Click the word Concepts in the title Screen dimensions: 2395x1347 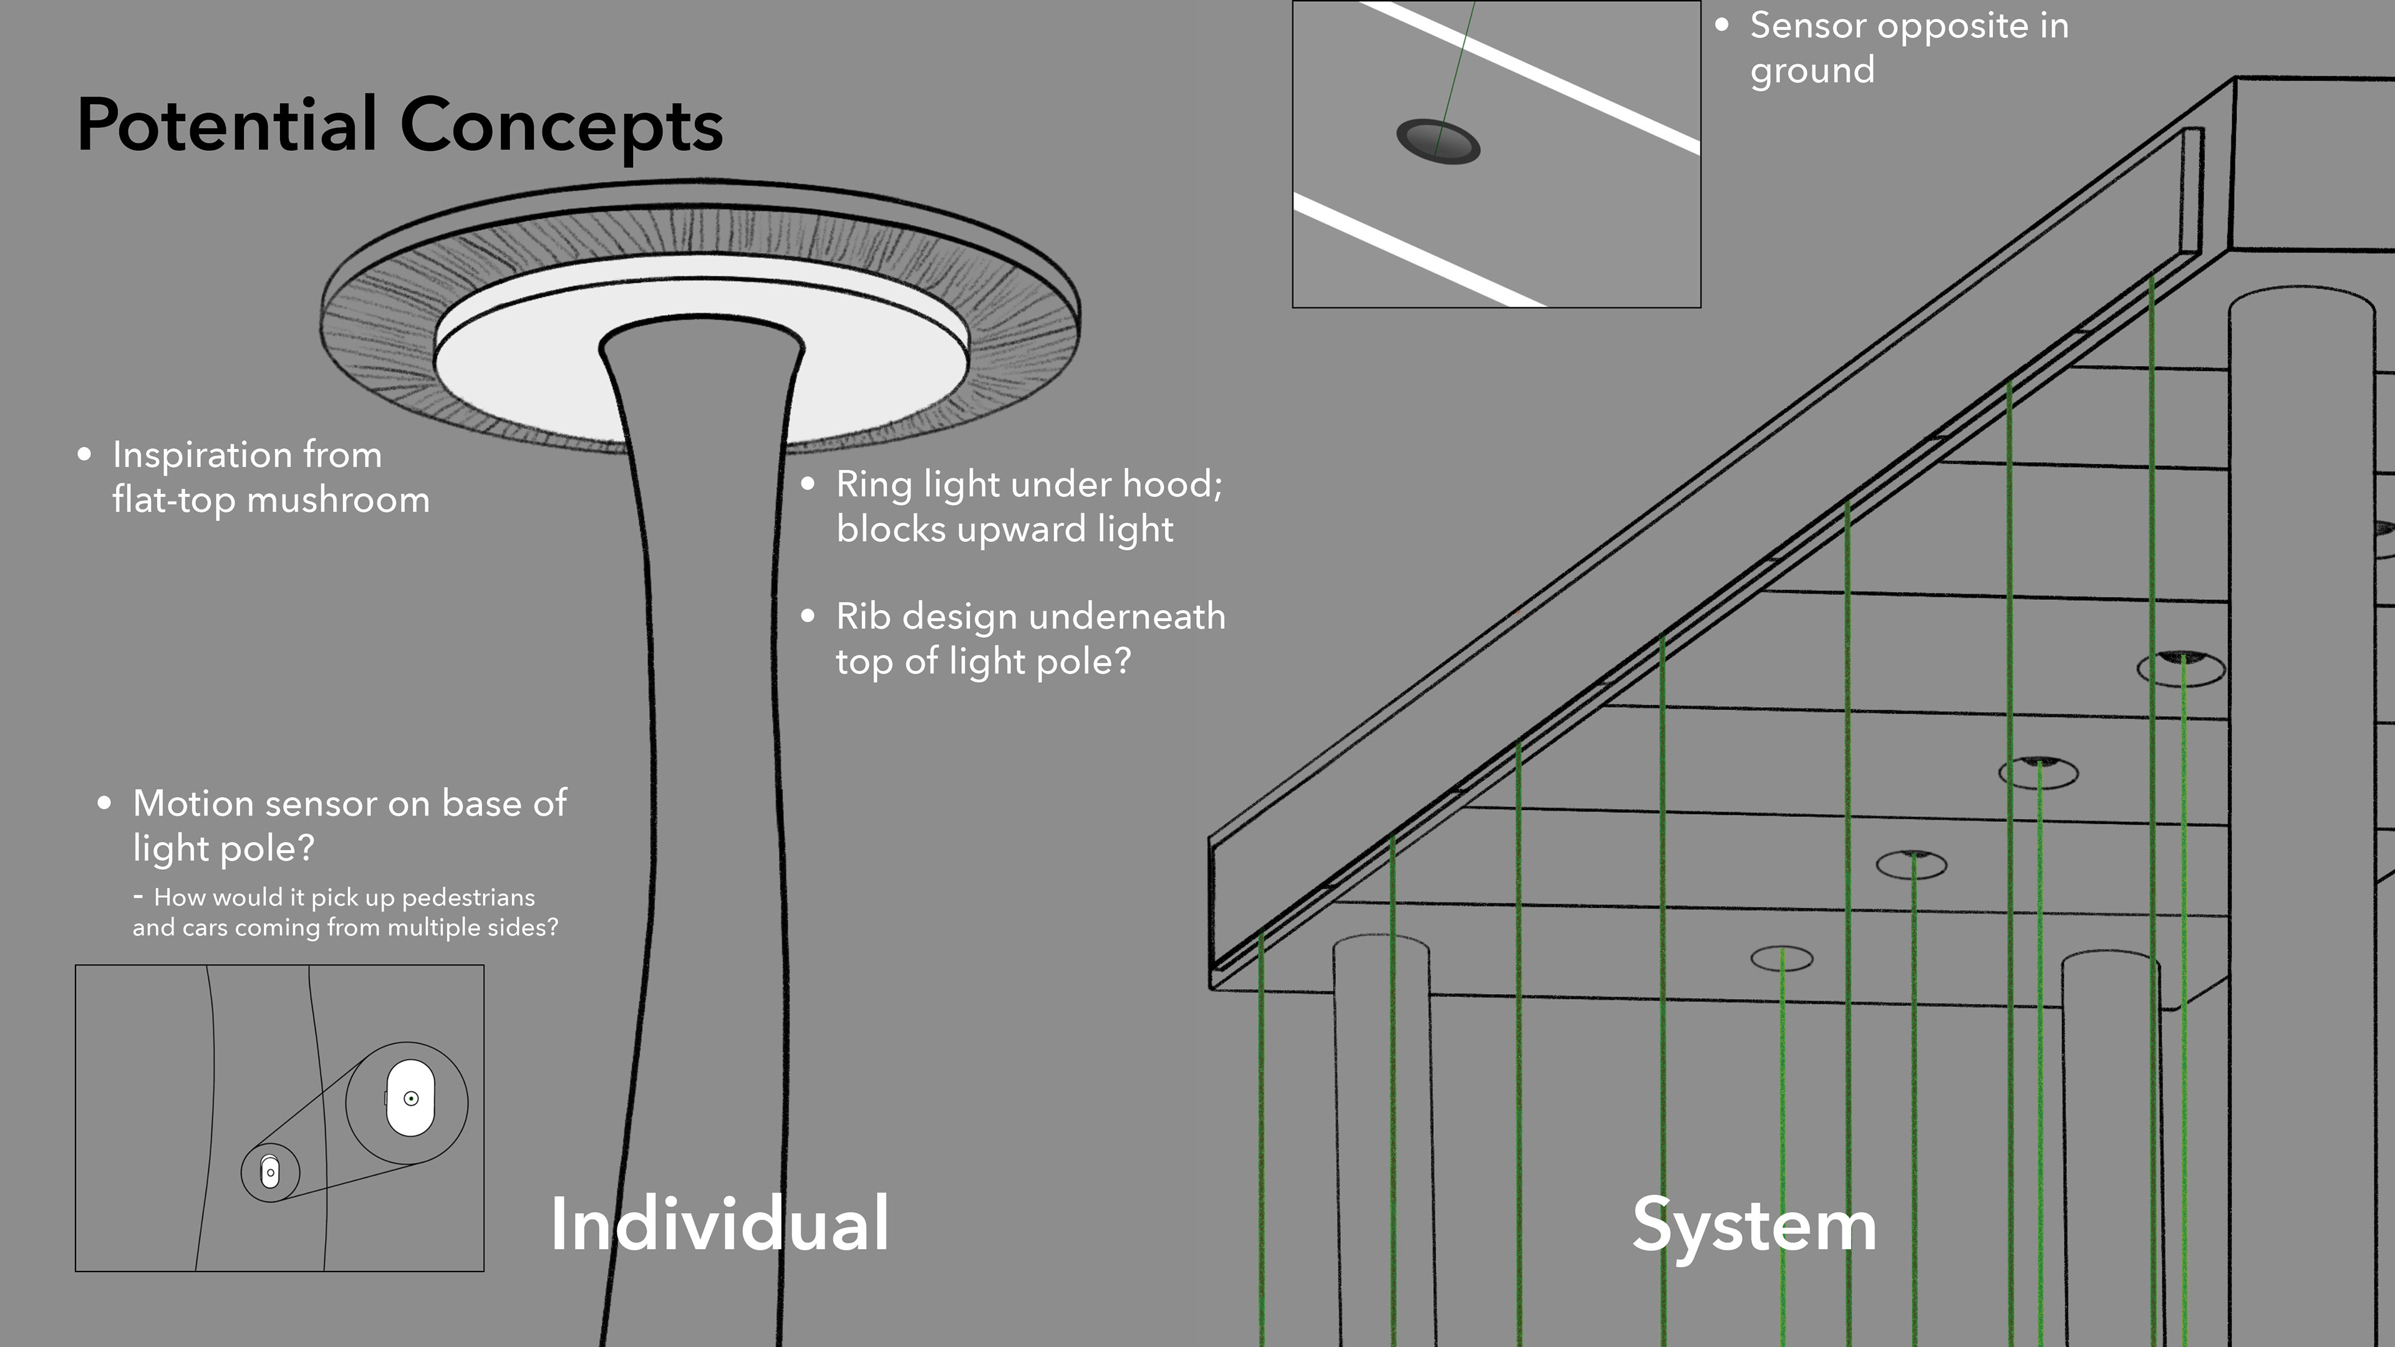click(561, 127)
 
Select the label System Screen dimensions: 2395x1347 click(1754, 1226)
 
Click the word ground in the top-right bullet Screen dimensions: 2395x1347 click(1812, 70)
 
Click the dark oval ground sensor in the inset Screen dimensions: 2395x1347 click(1438, 142)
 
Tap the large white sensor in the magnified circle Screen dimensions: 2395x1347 click(410, 1098)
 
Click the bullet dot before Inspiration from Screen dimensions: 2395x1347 click(85, 455)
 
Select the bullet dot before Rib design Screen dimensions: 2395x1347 click(808, 616)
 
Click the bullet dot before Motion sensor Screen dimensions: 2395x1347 click(105, 803)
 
